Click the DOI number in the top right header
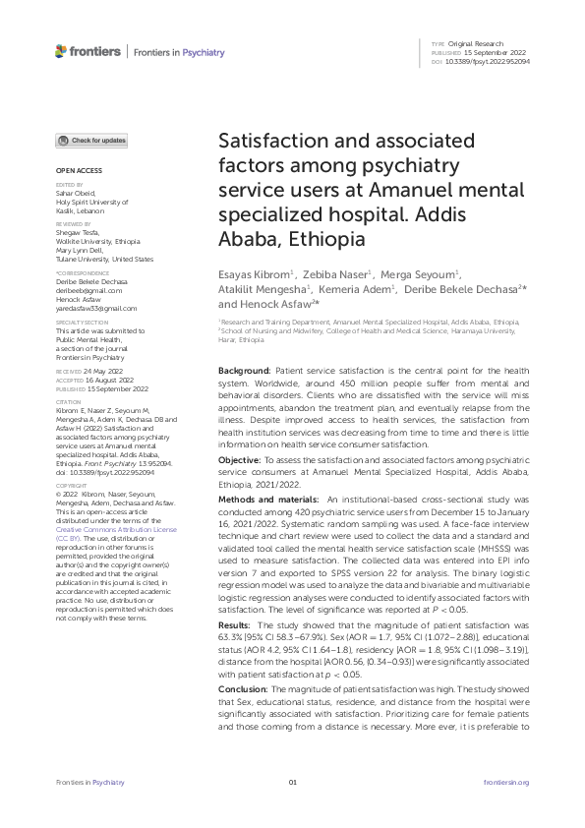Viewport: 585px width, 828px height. pyautogui.click(x=488, y=62)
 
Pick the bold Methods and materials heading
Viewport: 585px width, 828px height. pyautogui.click(x=273, y=502)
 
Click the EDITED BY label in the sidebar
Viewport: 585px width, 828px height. pyautogui.click(x=69, y=184)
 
